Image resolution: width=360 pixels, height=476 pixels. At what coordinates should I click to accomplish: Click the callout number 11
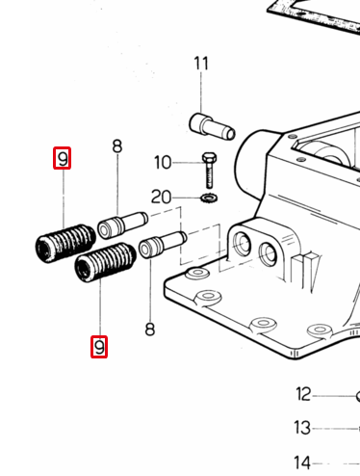(x=201, y=64)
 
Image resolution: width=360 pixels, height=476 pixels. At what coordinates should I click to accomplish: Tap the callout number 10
(x=163, y=163)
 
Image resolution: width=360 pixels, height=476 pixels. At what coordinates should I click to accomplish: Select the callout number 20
(x=162, y=197)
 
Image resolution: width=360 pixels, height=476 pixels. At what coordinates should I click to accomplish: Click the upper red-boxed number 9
(x=63, y=158)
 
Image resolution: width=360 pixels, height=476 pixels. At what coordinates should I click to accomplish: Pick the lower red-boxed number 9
(x=99, y=347)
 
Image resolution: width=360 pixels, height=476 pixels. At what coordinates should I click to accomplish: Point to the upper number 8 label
(x=117, y=146)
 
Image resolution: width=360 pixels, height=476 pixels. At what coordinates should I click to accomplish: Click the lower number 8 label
(x=150, y=330)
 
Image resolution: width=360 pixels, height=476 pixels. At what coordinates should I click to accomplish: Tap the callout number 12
(x=303, y=394)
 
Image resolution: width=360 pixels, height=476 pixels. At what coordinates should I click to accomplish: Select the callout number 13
(x=302, y=428)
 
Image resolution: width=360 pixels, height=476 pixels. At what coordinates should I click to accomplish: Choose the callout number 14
(x=302, y=463)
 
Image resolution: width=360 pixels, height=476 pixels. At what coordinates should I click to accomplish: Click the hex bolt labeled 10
(x=209, y=171)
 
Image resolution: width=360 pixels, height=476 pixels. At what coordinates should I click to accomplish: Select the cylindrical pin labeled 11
(x=213, y=126)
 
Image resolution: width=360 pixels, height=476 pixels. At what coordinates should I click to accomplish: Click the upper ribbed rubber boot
(x=65, y=243)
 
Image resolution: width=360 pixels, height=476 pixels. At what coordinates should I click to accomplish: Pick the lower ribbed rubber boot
(x=105, y=262)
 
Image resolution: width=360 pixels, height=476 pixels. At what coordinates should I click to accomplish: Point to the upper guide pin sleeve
(x=122, y=225)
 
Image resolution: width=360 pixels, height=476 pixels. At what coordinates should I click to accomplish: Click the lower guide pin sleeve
(x=163, y=245)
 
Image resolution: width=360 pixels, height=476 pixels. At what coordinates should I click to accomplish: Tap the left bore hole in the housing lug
(x=243, y=243)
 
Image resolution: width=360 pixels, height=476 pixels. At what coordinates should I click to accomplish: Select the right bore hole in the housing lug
(x=268, y=253)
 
